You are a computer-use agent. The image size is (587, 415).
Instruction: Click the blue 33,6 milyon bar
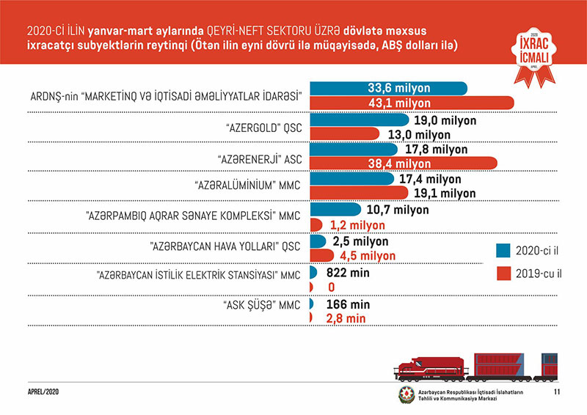click(388, 88)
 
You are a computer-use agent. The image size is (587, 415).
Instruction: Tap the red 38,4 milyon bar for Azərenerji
click(403, 163)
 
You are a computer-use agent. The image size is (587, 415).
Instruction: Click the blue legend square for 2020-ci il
click(503, 249)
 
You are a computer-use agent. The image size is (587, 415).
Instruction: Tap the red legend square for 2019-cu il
click(503, 273)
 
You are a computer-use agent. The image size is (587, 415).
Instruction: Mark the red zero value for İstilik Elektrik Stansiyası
click(332, 287)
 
